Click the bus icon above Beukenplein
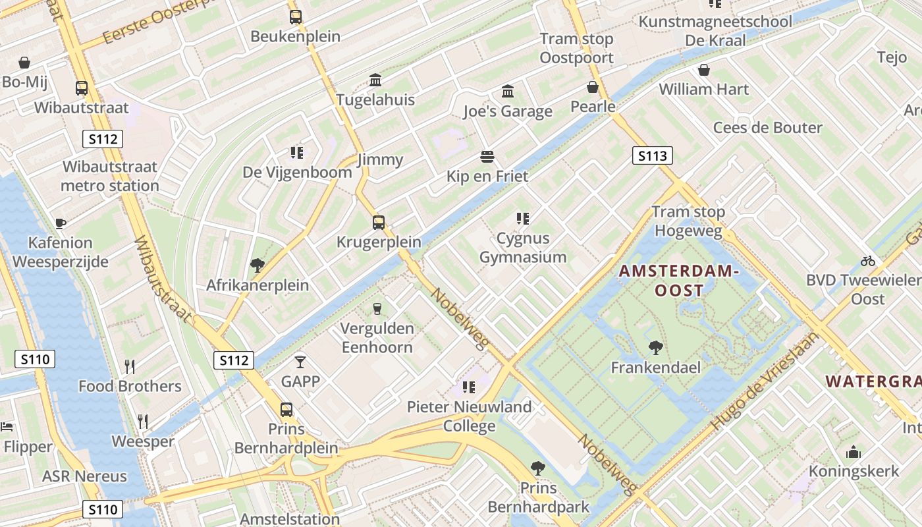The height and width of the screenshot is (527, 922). pyautogui.click(x=296, y=17)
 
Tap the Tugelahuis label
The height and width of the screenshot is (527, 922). pyautogui.click(x=375, y=99)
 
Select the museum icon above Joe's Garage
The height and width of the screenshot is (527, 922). pyautogui.click(x=508, y=91)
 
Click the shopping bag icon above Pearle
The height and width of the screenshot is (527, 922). pyautogui.click(x=593, y=87)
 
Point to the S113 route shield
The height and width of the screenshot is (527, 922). pyautogui.click(x=653, y=156)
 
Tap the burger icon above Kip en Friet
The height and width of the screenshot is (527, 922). pyautogui.click(x=487, y=157)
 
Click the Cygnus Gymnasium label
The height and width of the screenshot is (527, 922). pyautogui.click(x=523, y=248)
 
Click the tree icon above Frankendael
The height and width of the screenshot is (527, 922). pyautogui.click(x=655, y=348)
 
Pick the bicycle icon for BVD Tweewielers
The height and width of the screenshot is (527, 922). pyautogui.click(x=868, y=261)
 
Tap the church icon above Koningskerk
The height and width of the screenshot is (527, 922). pyautogui.click(x=854, y=452)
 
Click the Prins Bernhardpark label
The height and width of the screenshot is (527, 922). pyautogui.click(x=539, y=497)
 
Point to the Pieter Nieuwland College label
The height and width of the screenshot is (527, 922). pyautogui.click(x=469, y=416)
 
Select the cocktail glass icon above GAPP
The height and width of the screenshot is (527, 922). pyautogui.click(x=300, y=362)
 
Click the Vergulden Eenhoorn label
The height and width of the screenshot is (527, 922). pyautogui.click(x=377, y=338)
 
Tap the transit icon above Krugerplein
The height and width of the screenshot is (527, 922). pyautogui.click(x=379, y=223)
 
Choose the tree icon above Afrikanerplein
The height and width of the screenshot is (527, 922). pyautogui.click(x=258, y=265)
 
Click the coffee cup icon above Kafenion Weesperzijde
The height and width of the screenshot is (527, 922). pyautogui.click(x=61, y=223)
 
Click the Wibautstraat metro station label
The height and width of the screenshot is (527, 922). pyautogui.click(x=110, y=177)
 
